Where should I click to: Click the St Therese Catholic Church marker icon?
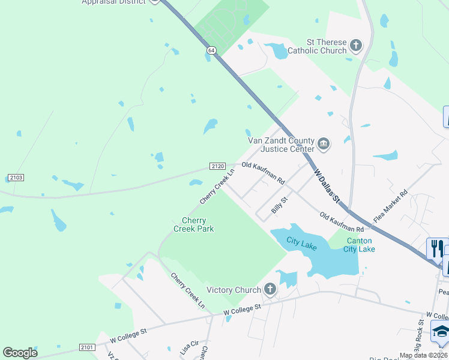356,44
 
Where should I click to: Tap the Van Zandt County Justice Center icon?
324,143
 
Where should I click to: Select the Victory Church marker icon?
270,290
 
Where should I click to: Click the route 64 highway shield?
211,50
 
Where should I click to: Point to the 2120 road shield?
217,166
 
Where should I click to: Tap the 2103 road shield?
14,178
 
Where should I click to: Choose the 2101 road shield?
86,347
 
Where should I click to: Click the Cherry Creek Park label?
194,224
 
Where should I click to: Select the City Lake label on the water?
301,241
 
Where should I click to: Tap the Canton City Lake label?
360,245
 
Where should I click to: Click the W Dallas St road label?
327,186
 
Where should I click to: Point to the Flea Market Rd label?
390,207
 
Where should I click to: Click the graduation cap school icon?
441,332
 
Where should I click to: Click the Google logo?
20,352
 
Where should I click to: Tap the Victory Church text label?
234,290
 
